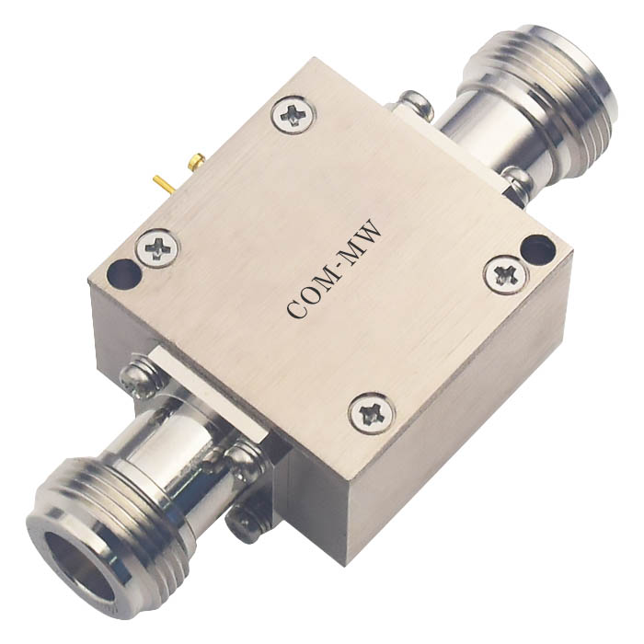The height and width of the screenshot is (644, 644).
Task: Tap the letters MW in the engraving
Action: tap(362, 241)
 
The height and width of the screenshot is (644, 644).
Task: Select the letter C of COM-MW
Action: tap(298, 309)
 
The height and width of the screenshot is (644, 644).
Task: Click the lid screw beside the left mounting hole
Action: tap(157, 247)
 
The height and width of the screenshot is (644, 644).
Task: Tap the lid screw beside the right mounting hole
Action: tap(505, 275)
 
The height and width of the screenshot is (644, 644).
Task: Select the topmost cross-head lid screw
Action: tap(294, 115)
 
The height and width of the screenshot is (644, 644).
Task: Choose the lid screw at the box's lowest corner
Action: tap(372, 414)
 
